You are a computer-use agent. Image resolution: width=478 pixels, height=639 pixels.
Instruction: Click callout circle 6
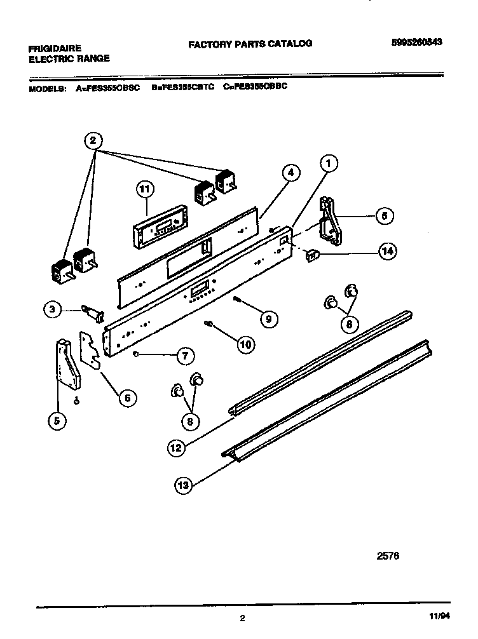(127, 398)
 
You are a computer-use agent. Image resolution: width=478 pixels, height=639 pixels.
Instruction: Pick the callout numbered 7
(184, 356)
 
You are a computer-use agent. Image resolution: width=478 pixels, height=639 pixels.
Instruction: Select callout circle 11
(146, 189)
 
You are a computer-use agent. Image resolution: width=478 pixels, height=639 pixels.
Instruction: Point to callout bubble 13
(183, 487)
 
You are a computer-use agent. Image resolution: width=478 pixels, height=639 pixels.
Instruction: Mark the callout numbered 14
(386, 251)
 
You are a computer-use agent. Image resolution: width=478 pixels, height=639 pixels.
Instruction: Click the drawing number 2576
(388, 555)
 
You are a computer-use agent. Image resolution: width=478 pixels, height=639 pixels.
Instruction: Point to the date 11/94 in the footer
(437, 616)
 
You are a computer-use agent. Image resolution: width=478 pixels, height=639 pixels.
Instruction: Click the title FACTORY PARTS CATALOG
(250, 44)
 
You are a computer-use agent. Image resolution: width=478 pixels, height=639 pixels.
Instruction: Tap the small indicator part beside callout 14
(312, 255)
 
